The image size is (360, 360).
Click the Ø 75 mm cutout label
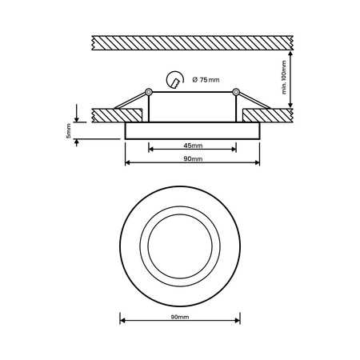point(207,79)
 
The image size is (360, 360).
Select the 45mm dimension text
point(192,146)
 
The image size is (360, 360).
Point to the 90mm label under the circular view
point(179,317)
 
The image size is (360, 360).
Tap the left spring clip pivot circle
point(149,94)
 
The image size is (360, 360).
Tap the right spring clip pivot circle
point(235,94)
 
